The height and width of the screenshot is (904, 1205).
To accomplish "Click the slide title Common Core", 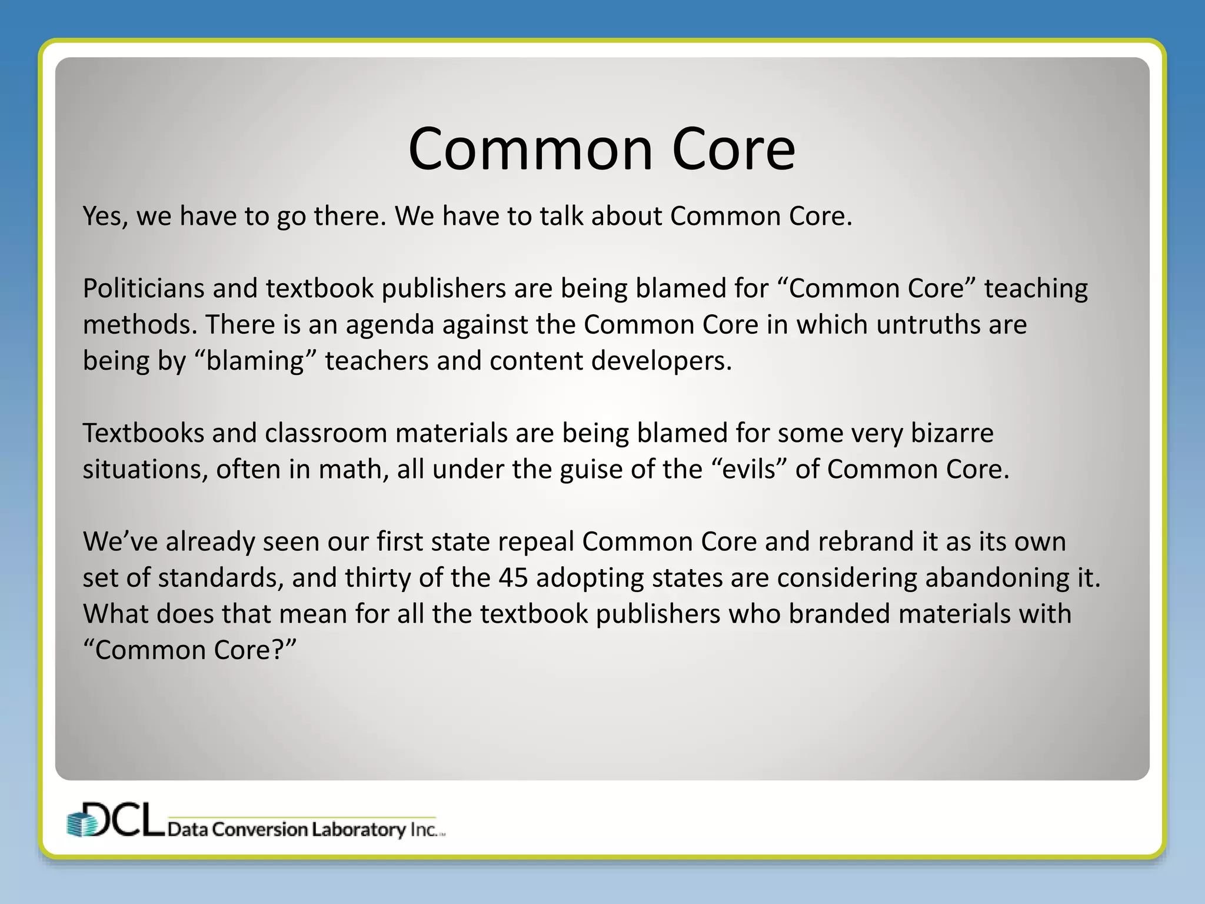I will pyautogui.click(x=601, y=149).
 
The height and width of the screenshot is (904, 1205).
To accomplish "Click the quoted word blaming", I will pyautogui.click(x=255, y=361).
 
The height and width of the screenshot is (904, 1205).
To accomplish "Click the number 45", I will pyautogui.click(x=512, y=578).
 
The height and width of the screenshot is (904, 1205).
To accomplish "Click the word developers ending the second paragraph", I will pyautogui.click(x=661, y=361).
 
